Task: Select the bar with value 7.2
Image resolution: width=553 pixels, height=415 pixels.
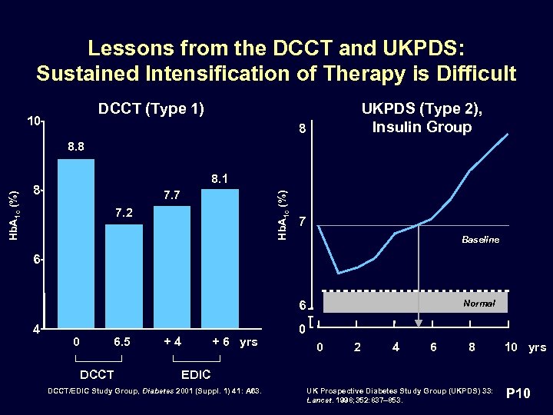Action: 124,277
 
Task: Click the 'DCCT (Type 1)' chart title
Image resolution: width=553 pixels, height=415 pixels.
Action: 151,108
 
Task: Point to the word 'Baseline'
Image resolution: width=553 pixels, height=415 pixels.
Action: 480,240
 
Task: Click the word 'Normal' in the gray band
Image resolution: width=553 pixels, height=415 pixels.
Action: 478,304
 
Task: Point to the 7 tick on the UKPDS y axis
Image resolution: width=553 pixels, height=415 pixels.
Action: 303,223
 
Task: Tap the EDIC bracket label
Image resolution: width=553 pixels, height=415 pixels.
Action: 197,375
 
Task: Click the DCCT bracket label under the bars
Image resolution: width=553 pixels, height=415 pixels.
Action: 98,375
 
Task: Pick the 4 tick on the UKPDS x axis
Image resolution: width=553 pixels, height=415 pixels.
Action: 396,348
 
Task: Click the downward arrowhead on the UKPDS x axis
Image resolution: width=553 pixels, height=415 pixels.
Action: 419,323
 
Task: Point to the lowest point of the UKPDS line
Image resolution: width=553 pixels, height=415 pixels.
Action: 339,273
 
